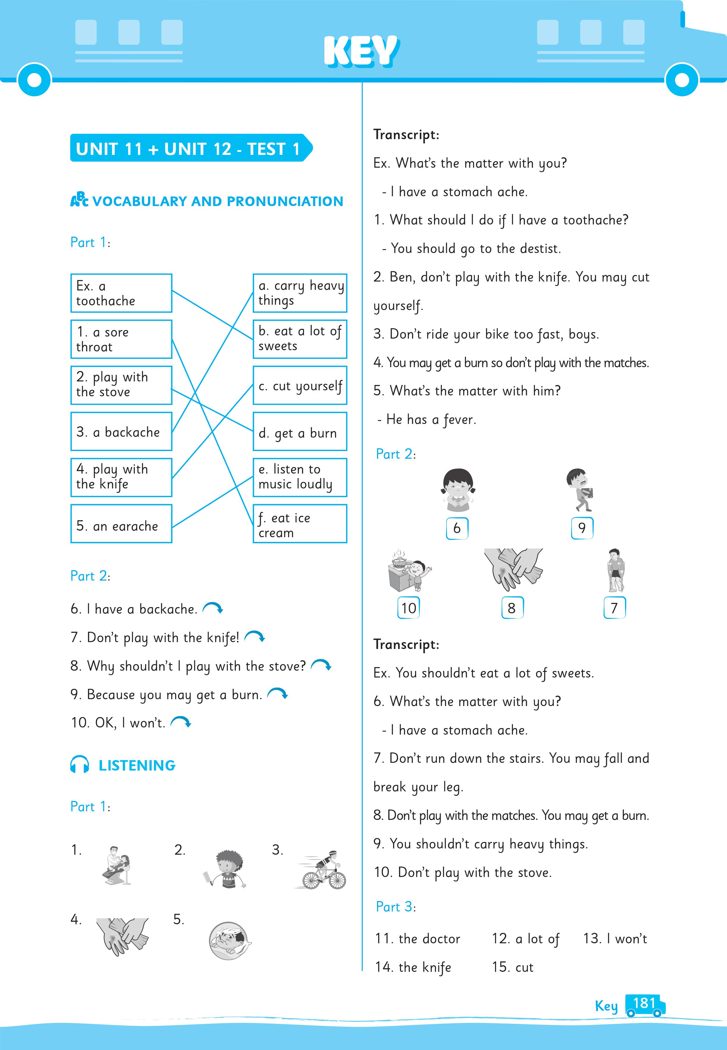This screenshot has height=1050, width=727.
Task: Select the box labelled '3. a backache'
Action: [x=121, y=432]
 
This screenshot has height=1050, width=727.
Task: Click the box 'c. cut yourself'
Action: [x=300, y=386]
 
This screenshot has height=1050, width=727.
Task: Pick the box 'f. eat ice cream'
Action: [x=300, y=524]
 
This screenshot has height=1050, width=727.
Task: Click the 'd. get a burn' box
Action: [x=300, y=432]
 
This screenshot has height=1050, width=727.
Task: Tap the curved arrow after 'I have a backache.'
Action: [x=213, y=608]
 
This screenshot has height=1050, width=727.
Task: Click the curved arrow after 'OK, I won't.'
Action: [x=181, y=722]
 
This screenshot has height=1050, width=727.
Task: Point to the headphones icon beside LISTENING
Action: [x=80, y=765]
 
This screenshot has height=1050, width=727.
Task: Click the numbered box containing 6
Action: [x=457, y=528]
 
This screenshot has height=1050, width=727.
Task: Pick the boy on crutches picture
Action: [x=615, y=570]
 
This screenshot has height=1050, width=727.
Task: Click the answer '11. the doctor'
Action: [x=418, y=939]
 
